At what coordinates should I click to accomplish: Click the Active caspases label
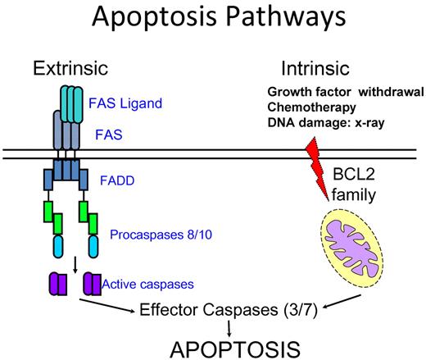pos(149,285)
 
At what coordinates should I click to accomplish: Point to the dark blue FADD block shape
pos(65,174)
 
